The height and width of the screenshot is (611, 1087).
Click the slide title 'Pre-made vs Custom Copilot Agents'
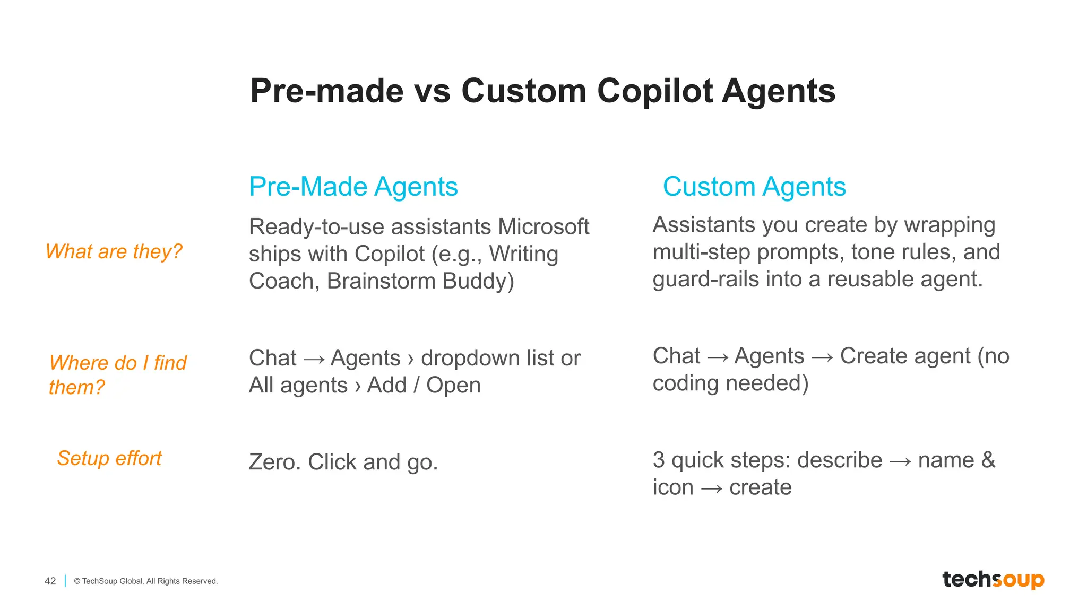(x=542, y=91)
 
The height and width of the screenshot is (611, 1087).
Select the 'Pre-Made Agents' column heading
(x=353, y=187)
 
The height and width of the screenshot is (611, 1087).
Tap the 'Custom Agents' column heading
(x=754, y=187)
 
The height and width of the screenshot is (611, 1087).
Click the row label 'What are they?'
(x=114, y=251)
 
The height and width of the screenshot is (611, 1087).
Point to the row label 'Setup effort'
(x=109, y=458)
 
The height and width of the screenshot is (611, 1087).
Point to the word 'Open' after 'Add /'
(x=453, y=385)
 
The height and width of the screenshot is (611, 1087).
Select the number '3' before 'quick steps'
(x=659, y=460)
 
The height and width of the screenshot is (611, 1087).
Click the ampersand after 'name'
(x=988, y=460)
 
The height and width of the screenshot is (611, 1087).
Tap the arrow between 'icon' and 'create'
(x=711, y=488)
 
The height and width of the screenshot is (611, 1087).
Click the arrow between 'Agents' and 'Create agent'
(x=822, y=357)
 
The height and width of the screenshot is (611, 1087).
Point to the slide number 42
(x=50, y=581)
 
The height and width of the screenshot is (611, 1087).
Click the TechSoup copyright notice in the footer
(x=146, y=581)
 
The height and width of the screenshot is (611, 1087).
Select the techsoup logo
(x=993, y=579)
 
